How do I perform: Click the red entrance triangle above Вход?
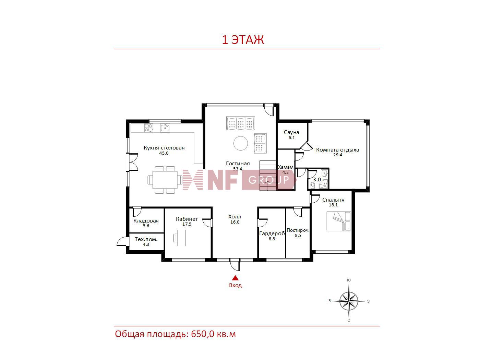[x=235, y=278]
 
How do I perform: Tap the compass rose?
[x=349, y=301]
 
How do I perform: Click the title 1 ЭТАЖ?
[x=243, y=40]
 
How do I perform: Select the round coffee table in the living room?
[x=241, y=143]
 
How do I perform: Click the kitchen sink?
[x=165, y=128]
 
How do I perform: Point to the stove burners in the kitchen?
[x=148, y=128]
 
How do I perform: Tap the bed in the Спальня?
[x=339, y=221]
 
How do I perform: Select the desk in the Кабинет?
[x=181, y=238]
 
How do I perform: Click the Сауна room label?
[x=291, y=132]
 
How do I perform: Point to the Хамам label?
[x=285, y=167]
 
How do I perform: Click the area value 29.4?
[x=337, y=155]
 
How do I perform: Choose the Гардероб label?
[x=272, y=234]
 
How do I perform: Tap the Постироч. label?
[x=298, y=230]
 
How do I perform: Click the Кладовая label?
[x=146, y=221]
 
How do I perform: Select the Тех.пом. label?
[x=146, y=239]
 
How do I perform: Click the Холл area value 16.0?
[x=235, y=222]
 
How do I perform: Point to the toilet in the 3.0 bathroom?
[x=312, y=185]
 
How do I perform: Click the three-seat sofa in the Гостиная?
[x=241, y=123]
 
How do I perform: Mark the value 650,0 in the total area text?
[x=202, y=334]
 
